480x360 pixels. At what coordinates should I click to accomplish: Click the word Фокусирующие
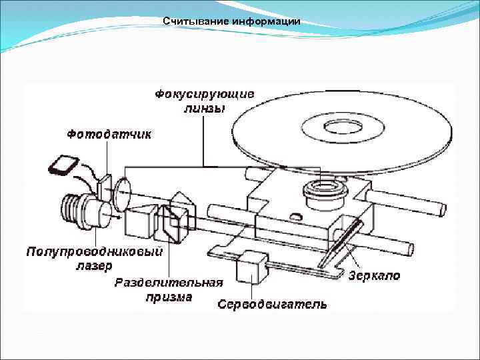pos(204,94)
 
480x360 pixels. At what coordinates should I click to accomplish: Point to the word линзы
pos(204,108)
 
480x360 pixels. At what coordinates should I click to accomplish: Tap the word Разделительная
pos(169,283)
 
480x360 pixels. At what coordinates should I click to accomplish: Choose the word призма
pos(169,297)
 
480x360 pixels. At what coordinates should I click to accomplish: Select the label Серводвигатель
pos(272,304)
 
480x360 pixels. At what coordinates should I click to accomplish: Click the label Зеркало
pos(375,275)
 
